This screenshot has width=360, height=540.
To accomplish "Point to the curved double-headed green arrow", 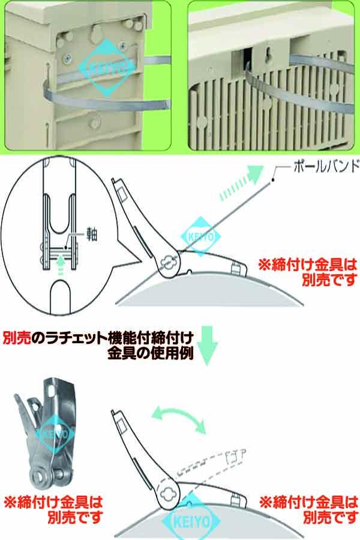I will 178,419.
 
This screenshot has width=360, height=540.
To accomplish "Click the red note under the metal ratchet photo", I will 54,506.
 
